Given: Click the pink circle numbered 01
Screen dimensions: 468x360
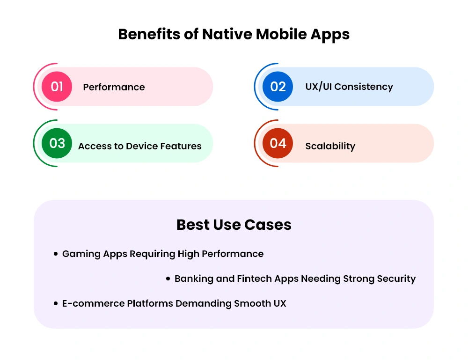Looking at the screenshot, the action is [57, 87].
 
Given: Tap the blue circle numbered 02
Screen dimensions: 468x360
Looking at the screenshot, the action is [278, 87].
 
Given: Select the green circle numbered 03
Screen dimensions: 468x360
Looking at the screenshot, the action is [57, 143].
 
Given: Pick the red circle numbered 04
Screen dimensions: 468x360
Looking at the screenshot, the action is [278, 143].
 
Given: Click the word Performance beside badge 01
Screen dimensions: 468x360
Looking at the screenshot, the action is [114, 87].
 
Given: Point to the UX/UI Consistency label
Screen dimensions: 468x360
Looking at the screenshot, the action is [349, 87].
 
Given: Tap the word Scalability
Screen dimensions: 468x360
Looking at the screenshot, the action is [330, 146].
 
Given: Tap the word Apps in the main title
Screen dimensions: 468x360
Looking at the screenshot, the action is [330, 35].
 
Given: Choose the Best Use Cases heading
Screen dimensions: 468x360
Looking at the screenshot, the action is [234, 225].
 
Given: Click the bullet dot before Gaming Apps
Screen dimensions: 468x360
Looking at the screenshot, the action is [56, 254].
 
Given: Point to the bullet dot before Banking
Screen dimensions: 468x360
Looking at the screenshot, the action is [168, 279].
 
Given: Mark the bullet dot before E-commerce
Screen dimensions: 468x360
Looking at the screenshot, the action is [56, 303].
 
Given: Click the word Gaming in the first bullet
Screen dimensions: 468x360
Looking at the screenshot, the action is [81, 254].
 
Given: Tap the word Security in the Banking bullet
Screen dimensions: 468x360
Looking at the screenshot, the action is [396, 279].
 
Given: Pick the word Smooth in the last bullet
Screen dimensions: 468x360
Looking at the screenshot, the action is [252, 303].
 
